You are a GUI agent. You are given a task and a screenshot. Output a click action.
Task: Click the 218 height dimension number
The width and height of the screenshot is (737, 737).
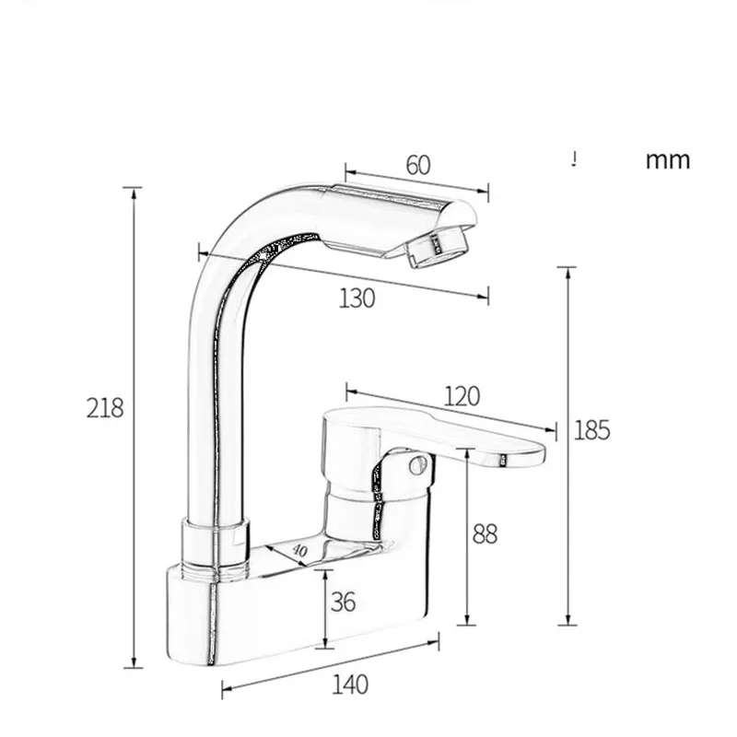point(105,407)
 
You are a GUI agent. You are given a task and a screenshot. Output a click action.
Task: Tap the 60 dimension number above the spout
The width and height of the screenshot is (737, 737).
point(417,166)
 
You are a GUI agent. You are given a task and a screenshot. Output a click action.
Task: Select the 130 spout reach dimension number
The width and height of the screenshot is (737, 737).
point(357,298)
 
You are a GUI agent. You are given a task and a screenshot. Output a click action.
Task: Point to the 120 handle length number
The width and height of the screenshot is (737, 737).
point(462,396)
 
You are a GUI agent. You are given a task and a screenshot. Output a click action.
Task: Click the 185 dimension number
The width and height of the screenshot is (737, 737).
point(591,430)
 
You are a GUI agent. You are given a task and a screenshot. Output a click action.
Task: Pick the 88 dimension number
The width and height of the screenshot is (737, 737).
point(485,533)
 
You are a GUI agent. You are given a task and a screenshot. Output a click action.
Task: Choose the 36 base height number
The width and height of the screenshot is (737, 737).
point(343,602)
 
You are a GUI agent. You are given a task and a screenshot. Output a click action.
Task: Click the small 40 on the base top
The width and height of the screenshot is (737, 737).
point(298,550)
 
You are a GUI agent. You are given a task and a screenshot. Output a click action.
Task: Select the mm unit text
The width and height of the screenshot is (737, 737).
point(667,160)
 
